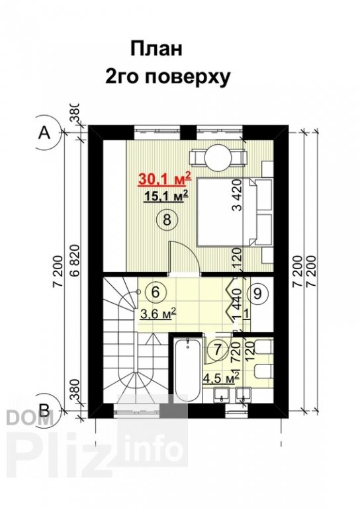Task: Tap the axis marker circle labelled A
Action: pyautogui.click(x=45, y=132)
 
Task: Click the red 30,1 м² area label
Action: pyautogui.click(x=164, y=179)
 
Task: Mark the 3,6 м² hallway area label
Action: pyautogui.click(x=158, y=314)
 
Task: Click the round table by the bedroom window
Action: pyautogui.click(x=215, y=156)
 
